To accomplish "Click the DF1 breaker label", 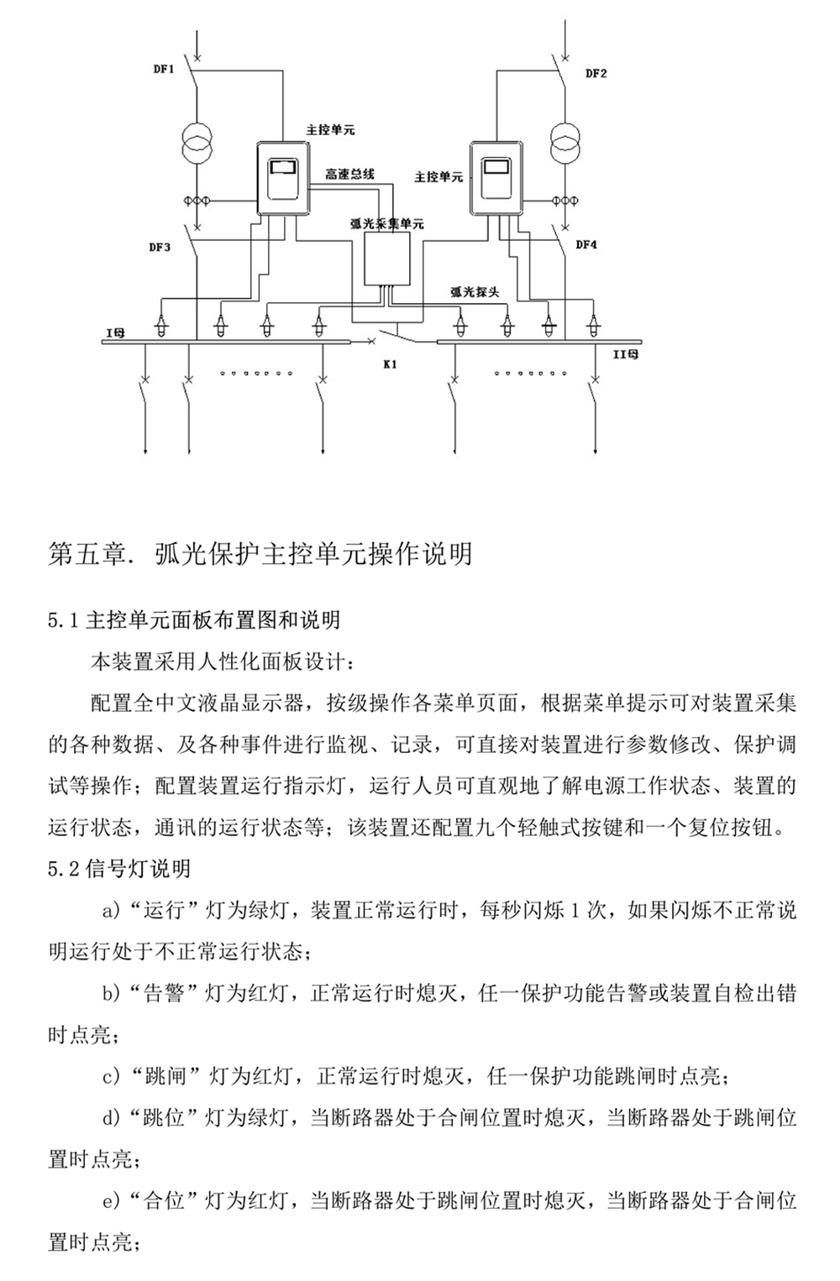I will tap(163, 70).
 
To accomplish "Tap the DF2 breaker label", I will tap(596, 73).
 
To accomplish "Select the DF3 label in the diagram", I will tap(160, 247).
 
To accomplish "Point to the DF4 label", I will tap(586, 245).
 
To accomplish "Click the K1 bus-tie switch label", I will tap(391, 364).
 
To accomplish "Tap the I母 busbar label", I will tap(114, 333).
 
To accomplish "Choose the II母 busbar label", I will tap(626, 355).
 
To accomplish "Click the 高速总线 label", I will tap(349, 175).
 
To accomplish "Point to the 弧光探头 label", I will tap(475, 292).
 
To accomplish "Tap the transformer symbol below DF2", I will tap(565, 139).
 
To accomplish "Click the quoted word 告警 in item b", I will tap(164, 994).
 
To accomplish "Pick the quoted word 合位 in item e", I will tap(164, 1200).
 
